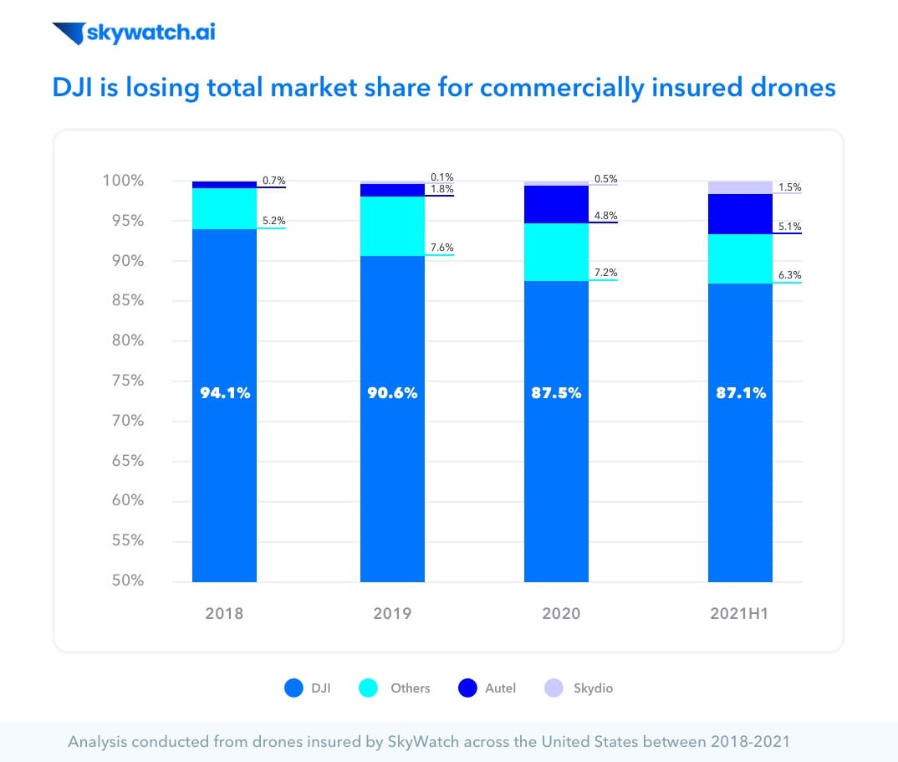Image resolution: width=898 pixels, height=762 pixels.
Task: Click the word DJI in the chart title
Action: [73, 87]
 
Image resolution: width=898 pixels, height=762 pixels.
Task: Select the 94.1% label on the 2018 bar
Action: [225, 392]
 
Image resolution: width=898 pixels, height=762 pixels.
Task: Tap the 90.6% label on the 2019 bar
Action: [392, 392]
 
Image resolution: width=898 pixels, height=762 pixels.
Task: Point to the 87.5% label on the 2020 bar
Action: [556, 392]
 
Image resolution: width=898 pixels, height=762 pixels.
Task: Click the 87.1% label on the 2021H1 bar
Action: [740, 392]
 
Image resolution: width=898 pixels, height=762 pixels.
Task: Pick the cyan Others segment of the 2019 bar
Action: [392, 226]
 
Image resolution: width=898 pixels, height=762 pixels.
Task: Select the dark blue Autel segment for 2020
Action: [556, 204]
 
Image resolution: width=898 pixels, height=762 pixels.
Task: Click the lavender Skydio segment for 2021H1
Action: [740, 187]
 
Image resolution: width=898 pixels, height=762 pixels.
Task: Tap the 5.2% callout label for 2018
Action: [273, 221]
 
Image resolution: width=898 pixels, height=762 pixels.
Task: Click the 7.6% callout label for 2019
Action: [441, 247]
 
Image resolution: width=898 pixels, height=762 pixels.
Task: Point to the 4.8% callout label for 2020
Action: [605, 215]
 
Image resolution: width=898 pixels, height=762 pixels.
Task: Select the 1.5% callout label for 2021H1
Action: [788, 187]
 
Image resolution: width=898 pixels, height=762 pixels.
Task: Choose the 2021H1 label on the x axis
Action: [740, 614]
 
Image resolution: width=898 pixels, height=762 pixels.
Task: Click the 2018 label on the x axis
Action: [224, 614]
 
